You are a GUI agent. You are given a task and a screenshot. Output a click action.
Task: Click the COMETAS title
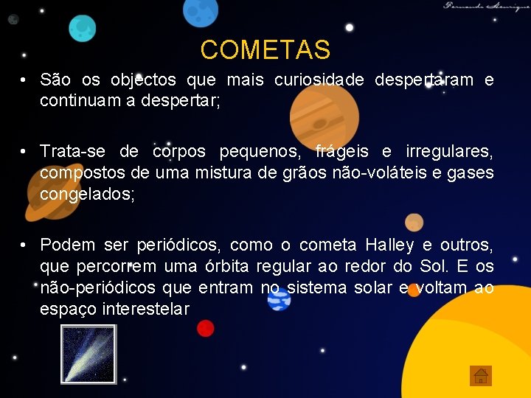pos(265,50)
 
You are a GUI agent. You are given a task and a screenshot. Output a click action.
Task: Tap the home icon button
pos(480,376)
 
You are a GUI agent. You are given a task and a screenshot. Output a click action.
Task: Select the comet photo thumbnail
pos(88,355)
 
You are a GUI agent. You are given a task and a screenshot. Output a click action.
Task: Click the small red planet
pos(205,328)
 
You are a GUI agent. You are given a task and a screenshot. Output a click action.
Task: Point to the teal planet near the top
pos(83,28)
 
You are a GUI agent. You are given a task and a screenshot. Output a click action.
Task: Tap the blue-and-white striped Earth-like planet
pos(279,298)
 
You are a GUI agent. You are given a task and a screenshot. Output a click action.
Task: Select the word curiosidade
pos(319,80)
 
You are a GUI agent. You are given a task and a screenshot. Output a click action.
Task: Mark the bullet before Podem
pos(24,245)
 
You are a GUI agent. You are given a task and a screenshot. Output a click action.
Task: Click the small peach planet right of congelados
pos(414,222)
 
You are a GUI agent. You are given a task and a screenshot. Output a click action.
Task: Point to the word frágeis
pos(344,152)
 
